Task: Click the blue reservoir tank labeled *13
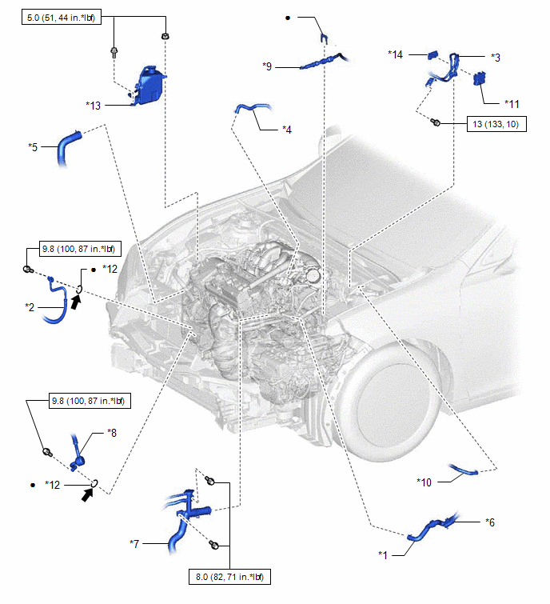[x=149, y=84]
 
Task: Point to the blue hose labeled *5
[x=66, y=149]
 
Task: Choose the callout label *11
[x=512, y=103]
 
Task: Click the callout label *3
[x=495, y=58]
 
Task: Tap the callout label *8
[x=112, y=432]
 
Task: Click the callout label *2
[x=30, y=306]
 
